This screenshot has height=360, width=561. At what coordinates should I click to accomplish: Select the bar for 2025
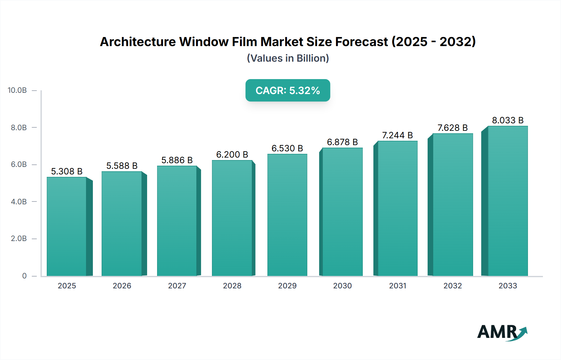coord(67,226)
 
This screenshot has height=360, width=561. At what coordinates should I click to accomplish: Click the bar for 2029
coord(287,215)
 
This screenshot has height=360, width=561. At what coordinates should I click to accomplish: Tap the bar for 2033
coord(508,201)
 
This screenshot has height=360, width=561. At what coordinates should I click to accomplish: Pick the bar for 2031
coord(397,208)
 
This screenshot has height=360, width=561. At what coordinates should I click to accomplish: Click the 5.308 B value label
coord(67,171)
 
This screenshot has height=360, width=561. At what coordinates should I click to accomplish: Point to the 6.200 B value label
coord(232,154)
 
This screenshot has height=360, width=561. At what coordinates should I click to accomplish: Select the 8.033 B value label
coord(508,120)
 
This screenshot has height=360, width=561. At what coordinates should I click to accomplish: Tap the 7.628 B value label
coord(453,128)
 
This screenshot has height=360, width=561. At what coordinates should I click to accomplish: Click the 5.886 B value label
coord(177,160)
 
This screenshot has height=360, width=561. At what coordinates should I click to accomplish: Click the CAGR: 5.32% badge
coord(288,90)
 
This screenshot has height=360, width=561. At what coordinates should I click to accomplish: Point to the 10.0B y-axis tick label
coord(17,90)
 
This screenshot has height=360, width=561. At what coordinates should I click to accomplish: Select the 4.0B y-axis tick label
coord(19,201)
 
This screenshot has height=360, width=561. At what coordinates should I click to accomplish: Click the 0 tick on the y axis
coord(24,276)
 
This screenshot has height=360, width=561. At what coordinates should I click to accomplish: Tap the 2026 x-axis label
coord(122,286)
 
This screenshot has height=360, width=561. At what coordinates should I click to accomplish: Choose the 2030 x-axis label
coord(342,286)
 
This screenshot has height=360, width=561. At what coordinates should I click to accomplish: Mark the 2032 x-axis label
coord(453,286)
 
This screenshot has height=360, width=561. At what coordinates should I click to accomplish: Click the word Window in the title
coord(204,42)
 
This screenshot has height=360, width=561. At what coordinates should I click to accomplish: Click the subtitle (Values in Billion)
coord(288,58)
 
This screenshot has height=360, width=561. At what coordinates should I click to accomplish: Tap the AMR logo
coord(502,332)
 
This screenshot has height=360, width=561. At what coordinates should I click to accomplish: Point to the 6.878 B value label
coord(342,142)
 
